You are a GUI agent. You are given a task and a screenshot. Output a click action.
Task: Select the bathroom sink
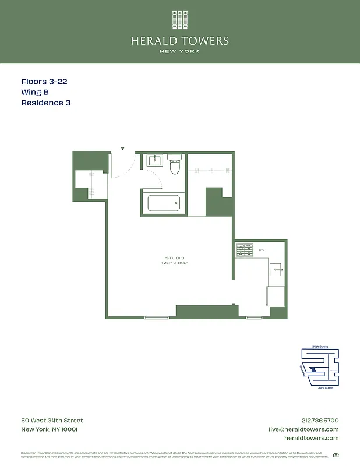154,161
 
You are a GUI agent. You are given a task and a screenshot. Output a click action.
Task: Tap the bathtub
164,203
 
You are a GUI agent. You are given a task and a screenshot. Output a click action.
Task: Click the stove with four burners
244,250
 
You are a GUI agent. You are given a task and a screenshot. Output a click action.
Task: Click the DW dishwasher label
262,250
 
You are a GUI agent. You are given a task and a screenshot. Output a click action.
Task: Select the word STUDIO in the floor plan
174,257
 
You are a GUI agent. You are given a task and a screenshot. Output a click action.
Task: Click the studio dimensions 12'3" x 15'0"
174,263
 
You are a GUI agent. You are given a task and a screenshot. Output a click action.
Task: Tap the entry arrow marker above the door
123,149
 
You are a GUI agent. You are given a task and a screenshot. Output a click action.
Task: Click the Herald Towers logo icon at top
180,20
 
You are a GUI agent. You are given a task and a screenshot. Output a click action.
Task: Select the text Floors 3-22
44,82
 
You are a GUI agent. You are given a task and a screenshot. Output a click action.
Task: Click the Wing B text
37,93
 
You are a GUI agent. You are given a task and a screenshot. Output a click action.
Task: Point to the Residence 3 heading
46,103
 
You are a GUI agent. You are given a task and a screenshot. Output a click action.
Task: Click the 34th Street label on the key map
320,346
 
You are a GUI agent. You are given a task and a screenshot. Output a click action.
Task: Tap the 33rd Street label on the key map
325,387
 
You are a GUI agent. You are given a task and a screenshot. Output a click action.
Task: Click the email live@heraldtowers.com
303,429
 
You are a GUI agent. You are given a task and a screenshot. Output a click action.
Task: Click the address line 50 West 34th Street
52,421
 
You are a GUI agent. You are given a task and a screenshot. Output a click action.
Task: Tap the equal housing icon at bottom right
336,455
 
